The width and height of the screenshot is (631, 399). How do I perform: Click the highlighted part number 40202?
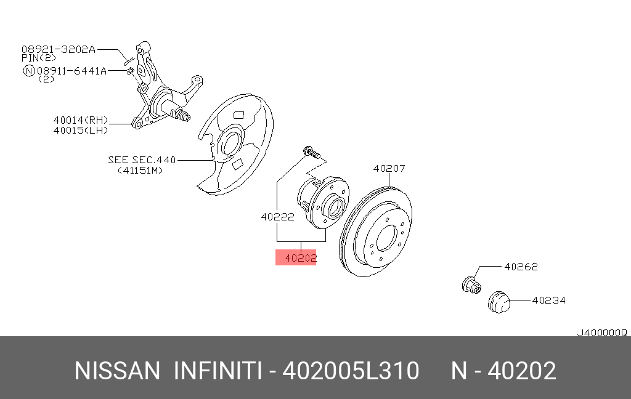click(x=300, y=258)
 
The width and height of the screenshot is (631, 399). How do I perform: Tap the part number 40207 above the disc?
click(x=389, y=168)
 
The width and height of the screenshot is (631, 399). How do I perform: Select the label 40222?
click(x=278, y=217)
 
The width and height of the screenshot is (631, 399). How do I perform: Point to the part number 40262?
click(x=521, y=267)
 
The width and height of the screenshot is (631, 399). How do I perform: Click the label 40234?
click(x=549, y=300)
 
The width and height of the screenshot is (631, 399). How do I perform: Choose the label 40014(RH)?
click(x=81, y=120)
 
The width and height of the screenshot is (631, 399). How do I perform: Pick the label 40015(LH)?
click(x=81, y=130)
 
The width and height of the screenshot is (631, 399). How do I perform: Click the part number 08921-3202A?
click(x=59, y=49)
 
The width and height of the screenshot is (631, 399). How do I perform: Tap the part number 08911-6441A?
click(x=71, y=71)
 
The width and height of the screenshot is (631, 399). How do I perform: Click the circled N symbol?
click(x=28, y=71)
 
